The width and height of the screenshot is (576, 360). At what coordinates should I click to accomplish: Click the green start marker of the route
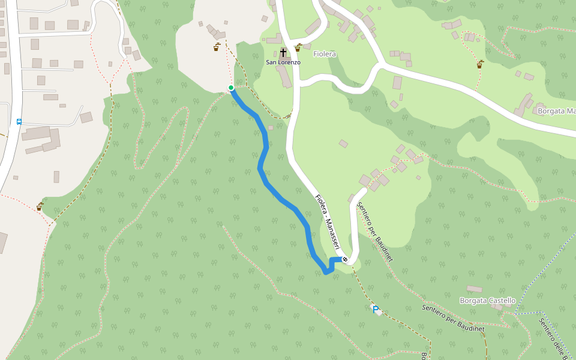[x=230, y=88]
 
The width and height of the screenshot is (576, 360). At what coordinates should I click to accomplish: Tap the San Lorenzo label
[x=283, y=62]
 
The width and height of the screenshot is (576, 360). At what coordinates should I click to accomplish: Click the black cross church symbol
[x=283, y=53]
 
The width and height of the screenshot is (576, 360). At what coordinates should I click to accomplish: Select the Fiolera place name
[x=325, y=54]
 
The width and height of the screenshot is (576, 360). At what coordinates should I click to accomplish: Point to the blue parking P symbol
[x=376, y=310]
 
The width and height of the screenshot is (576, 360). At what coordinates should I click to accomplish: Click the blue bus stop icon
[x=19, y=121]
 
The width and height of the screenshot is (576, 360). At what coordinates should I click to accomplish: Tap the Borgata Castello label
[x=487, y=301]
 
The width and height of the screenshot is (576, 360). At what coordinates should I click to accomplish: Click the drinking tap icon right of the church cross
[x=298, y=47]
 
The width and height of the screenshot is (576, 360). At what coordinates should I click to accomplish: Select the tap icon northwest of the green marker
[x=216, y=47]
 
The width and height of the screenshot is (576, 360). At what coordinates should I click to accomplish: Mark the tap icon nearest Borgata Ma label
[x=479, y=64]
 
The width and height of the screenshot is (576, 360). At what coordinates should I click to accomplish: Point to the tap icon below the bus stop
[x=40, y=206]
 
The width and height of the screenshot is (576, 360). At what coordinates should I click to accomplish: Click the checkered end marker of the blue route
[x=345, y=259]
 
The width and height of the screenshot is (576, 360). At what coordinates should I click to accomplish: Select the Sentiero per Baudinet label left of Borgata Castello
[x=453, y=318]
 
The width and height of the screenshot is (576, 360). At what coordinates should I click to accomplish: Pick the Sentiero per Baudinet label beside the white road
[x=374, y=231]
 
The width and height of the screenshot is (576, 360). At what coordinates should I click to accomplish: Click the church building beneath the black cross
[x=283, y=76]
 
